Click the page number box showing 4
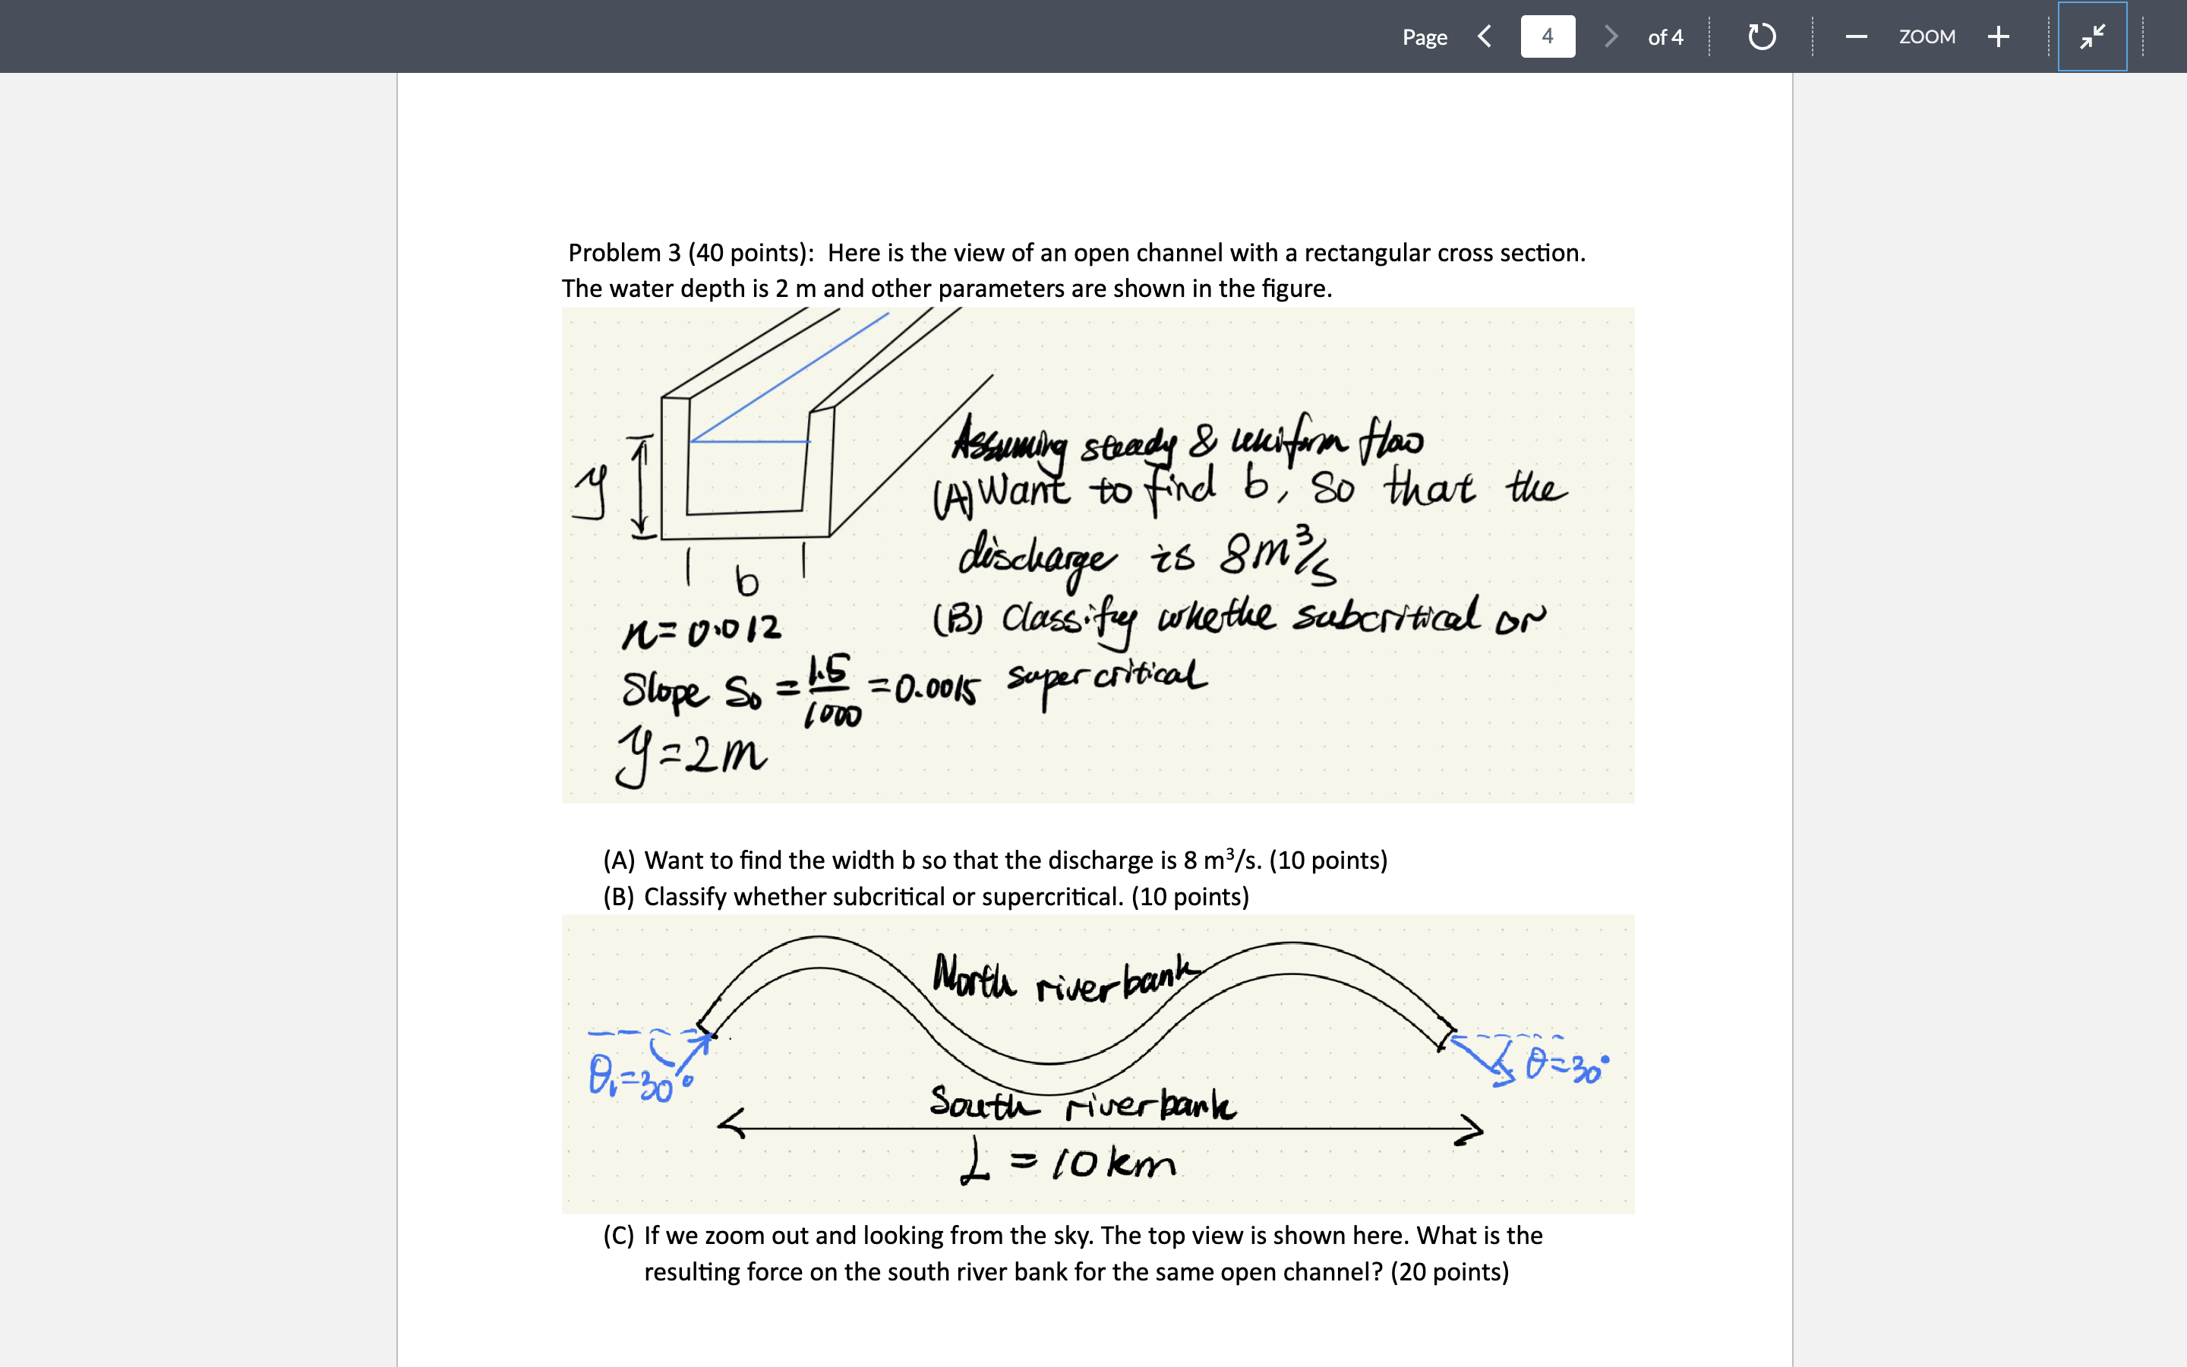(1547, 36)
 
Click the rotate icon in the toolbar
(1761, 36)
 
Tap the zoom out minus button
(1856, 36)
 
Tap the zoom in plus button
(1998, 36)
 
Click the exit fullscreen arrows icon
(2092, 36)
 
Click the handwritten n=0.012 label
(702, 627)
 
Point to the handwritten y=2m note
(691, 756)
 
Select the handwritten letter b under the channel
(746, 581)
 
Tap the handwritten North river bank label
(1066, 978)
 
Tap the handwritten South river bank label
(1082, 1104)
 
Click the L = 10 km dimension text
(1068, 1163)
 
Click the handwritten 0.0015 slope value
(936, 690)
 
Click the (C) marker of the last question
(619, 1236)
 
